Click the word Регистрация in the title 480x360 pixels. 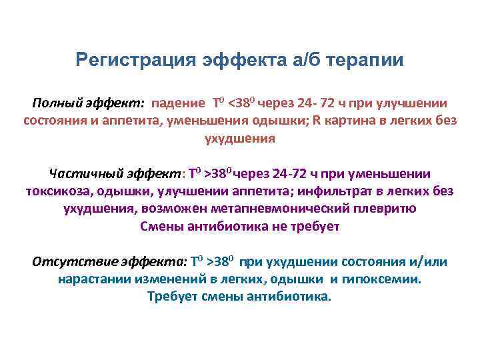133,61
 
